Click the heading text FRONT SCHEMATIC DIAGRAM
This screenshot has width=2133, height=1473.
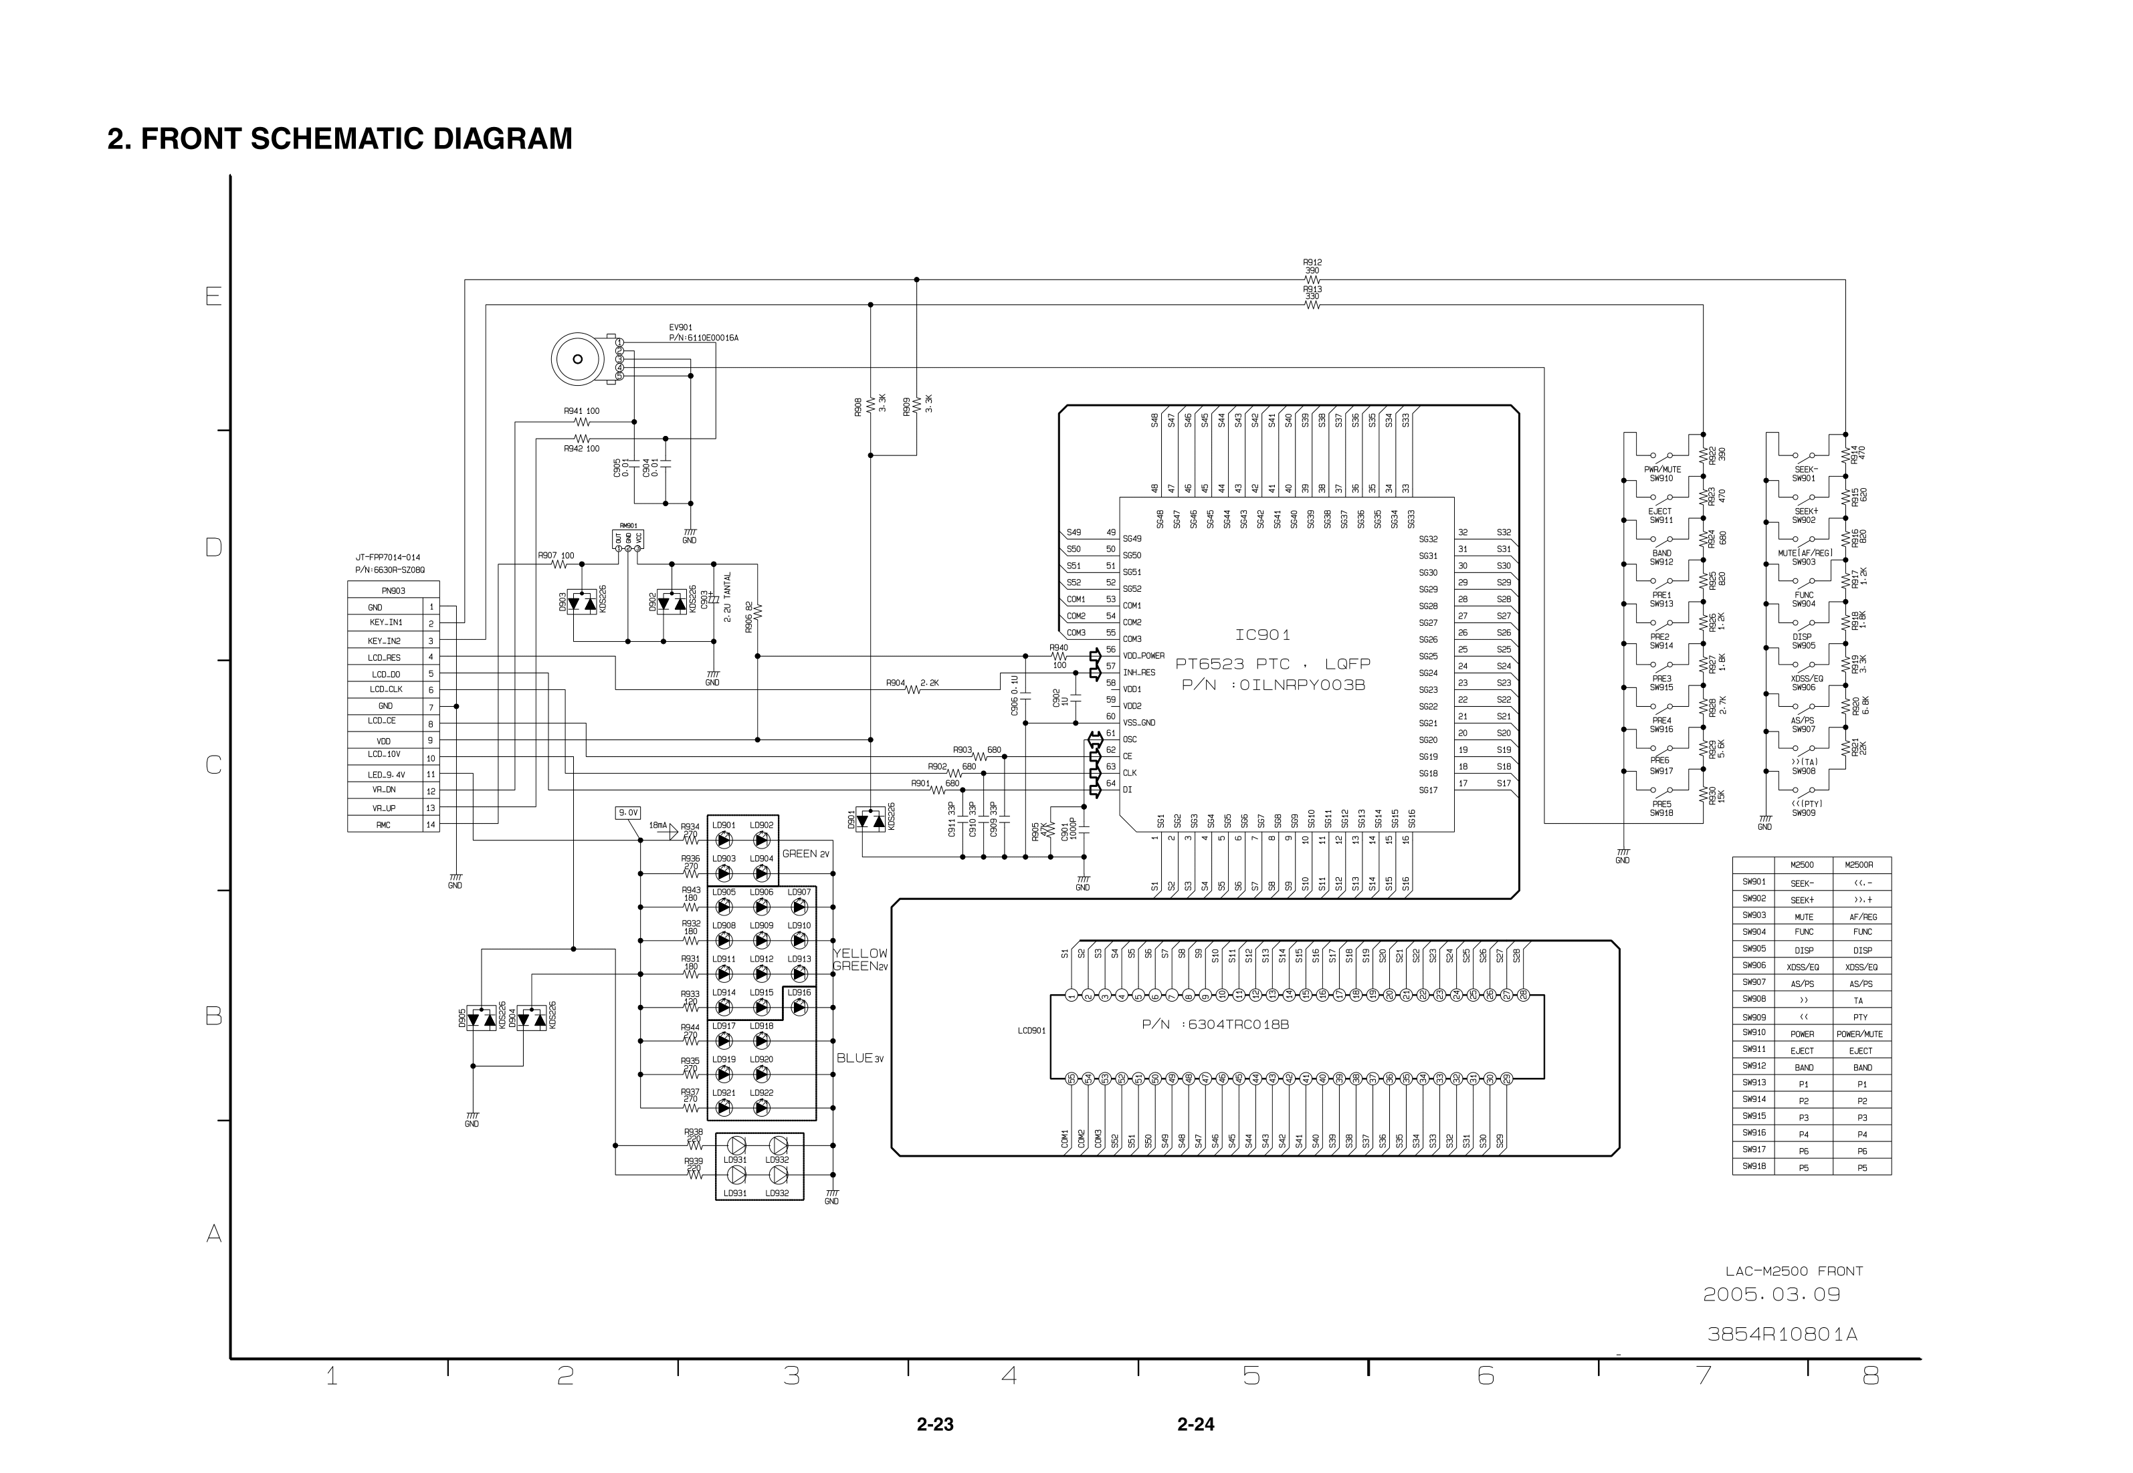pos(340,138)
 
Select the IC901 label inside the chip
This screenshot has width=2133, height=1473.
pos(1263,635)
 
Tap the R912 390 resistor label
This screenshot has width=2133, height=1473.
pos(1312,267)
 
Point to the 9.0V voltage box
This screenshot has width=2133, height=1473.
pos(627,812)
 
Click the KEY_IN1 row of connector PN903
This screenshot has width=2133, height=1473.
pos(386,623)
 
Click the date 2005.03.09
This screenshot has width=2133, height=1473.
pos(1771,1294)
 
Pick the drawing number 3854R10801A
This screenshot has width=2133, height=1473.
pos(1781,1334)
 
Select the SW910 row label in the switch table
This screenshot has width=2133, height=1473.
pos(1754,1033)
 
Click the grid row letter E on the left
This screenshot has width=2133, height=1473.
pos(213,296)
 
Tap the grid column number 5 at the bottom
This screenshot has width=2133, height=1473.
pos(1251,1376)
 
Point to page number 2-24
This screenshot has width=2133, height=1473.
pos(1195,1424)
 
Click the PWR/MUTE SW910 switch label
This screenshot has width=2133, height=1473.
pos(1662,473)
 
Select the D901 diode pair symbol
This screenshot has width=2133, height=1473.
pos(870,818)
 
